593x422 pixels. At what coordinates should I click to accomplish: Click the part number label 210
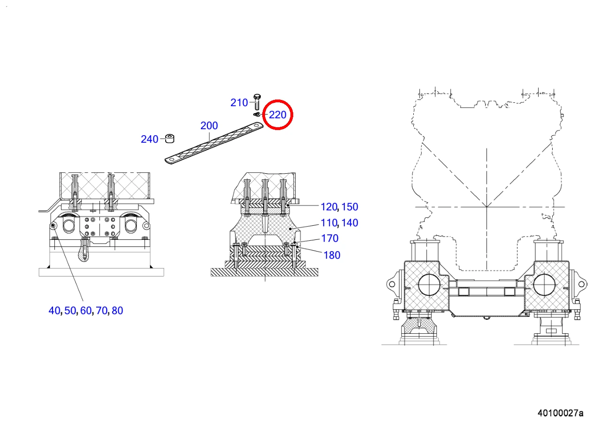tap(239, 102)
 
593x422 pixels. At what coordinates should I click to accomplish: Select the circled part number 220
tap(278, 115)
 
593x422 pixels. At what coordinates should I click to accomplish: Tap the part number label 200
tap(209, 125)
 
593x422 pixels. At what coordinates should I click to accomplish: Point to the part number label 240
tap(150, 139)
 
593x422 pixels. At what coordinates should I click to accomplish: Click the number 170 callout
tap(330, 238)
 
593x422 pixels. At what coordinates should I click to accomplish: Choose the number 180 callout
tap(332, 255)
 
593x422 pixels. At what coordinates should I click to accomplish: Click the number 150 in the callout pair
tap(350, 207)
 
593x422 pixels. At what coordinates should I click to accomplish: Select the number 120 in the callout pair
tap(329, 207)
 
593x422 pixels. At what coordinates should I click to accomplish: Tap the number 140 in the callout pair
tap(350, 223)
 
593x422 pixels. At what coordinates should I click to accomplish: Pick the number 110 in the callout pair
tap(329, 223)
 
